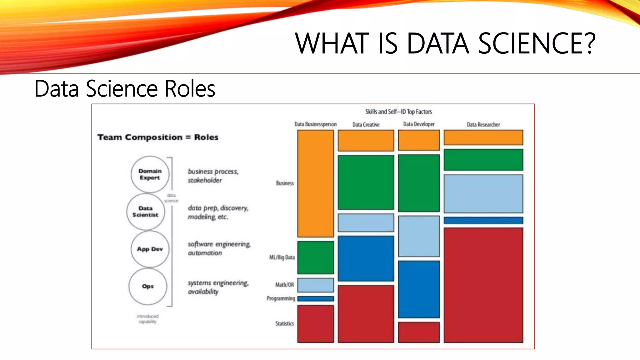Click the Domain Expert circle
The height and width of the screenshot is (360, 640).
(x=150, y=174)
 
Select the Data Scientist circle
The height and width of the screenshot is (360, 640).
(x=146, y=212)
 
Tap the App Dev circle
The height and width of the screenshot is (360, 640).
(x=150, y=249)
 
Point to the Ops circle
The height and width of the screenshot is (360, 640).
(x=148, y=286)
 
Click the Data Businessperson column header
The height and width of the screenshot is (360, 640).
(x=315, y=124)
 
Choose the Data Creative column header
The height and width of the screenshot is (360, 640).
(x=366, y=125)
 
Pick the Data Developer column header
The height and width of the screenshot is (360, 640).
(x=419, y=124)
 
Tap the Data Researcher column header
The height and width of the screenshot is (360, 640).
(x=483, y=125)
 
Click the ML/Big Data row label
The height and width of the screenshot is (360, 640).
(x=282, y=257)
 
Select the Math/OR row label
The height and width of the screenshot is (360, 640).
(x=284, y=285)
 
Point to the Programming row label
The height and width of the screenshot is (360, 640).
(x=281, y=298)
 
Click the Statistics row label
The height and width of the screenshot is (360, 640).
(x=284, y=323)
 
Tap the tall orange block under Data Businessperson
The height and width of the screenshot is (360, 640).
(x=315, y=184)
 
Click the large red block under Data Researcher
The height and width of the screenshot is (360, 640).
(x=483, y=285)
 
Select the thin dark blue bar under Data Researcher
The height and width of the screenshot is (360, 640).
(x=483, y=220)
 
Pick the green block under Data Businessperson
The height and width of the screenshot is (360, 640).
(x=315, y=257)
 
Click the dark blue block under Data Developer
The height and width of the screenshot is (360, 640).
(x=419, y=289)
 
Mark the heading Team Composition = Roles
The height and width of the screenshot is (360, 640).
(x=158, y=137)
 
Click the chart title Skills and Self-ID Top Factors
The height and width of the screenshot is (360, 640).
(x=398, y=112)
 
